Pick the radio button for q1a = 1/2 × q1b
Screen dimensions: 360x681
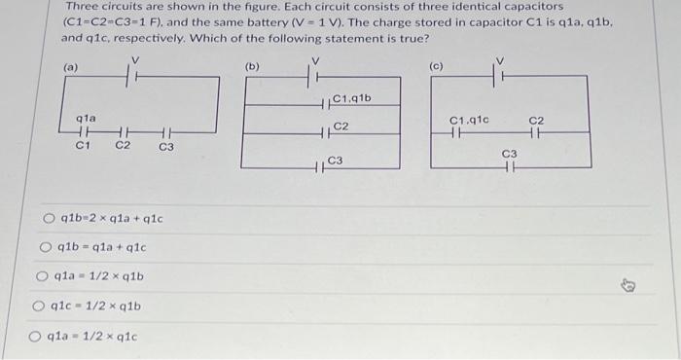click(43, 277)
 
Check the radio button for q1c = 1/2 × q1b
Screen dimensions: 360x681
click(39, 307)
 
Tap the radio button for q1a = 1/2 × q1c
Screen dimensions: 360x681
click(36, 339)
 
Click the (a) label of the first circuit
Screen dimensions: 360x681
click(71, 67)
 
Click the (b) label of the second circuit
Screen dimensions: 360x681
click(252, 67)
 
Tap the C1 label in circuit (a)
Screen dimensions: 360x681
click(84, 146)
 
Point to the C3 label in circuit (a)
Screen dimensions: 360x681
click(166, 148)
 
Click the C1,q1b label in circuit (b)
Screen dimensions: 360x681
click(351, 97)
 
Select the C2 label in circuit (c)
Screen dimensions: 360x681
click(538, 121)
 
